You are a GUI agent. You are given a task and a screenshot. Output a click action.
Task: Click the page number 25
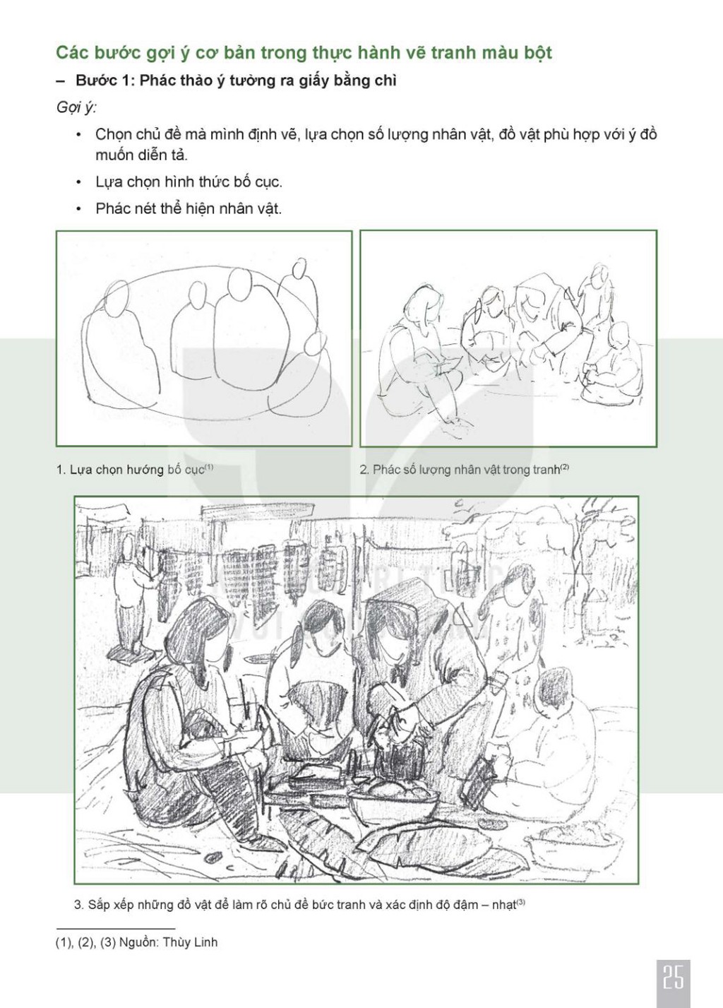[x=673, y=975]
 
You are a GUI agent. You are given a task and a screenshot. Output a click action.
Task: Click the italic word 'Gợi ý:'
[x=76, y=109]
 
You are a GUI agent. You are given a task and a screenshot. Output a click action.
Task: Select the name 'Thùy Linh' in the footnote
[x=190, y=942]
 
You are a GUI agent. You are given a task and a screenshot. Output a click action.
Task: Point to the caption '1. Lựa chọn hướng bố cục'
[x=135, y=470]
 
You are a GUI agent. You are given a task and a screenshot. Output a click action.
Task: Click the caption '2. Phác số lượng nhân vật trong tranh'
[x=465, y=470]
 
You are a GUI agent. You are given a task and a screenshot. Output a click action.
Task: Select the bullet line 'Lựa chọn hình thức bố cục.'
[x=189, y=182]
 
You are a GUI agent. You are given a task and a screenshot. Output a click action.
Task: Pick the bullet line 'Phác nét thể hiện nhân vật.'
[x=189, y=208]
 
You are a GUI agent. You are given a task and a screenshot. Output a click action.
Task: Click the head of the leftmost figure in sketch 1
[x=117, y=300]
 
